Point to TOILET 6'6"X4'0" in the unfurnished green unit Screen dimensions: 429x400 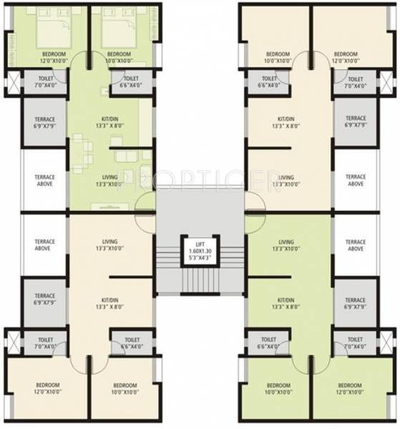click(268, 343)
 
